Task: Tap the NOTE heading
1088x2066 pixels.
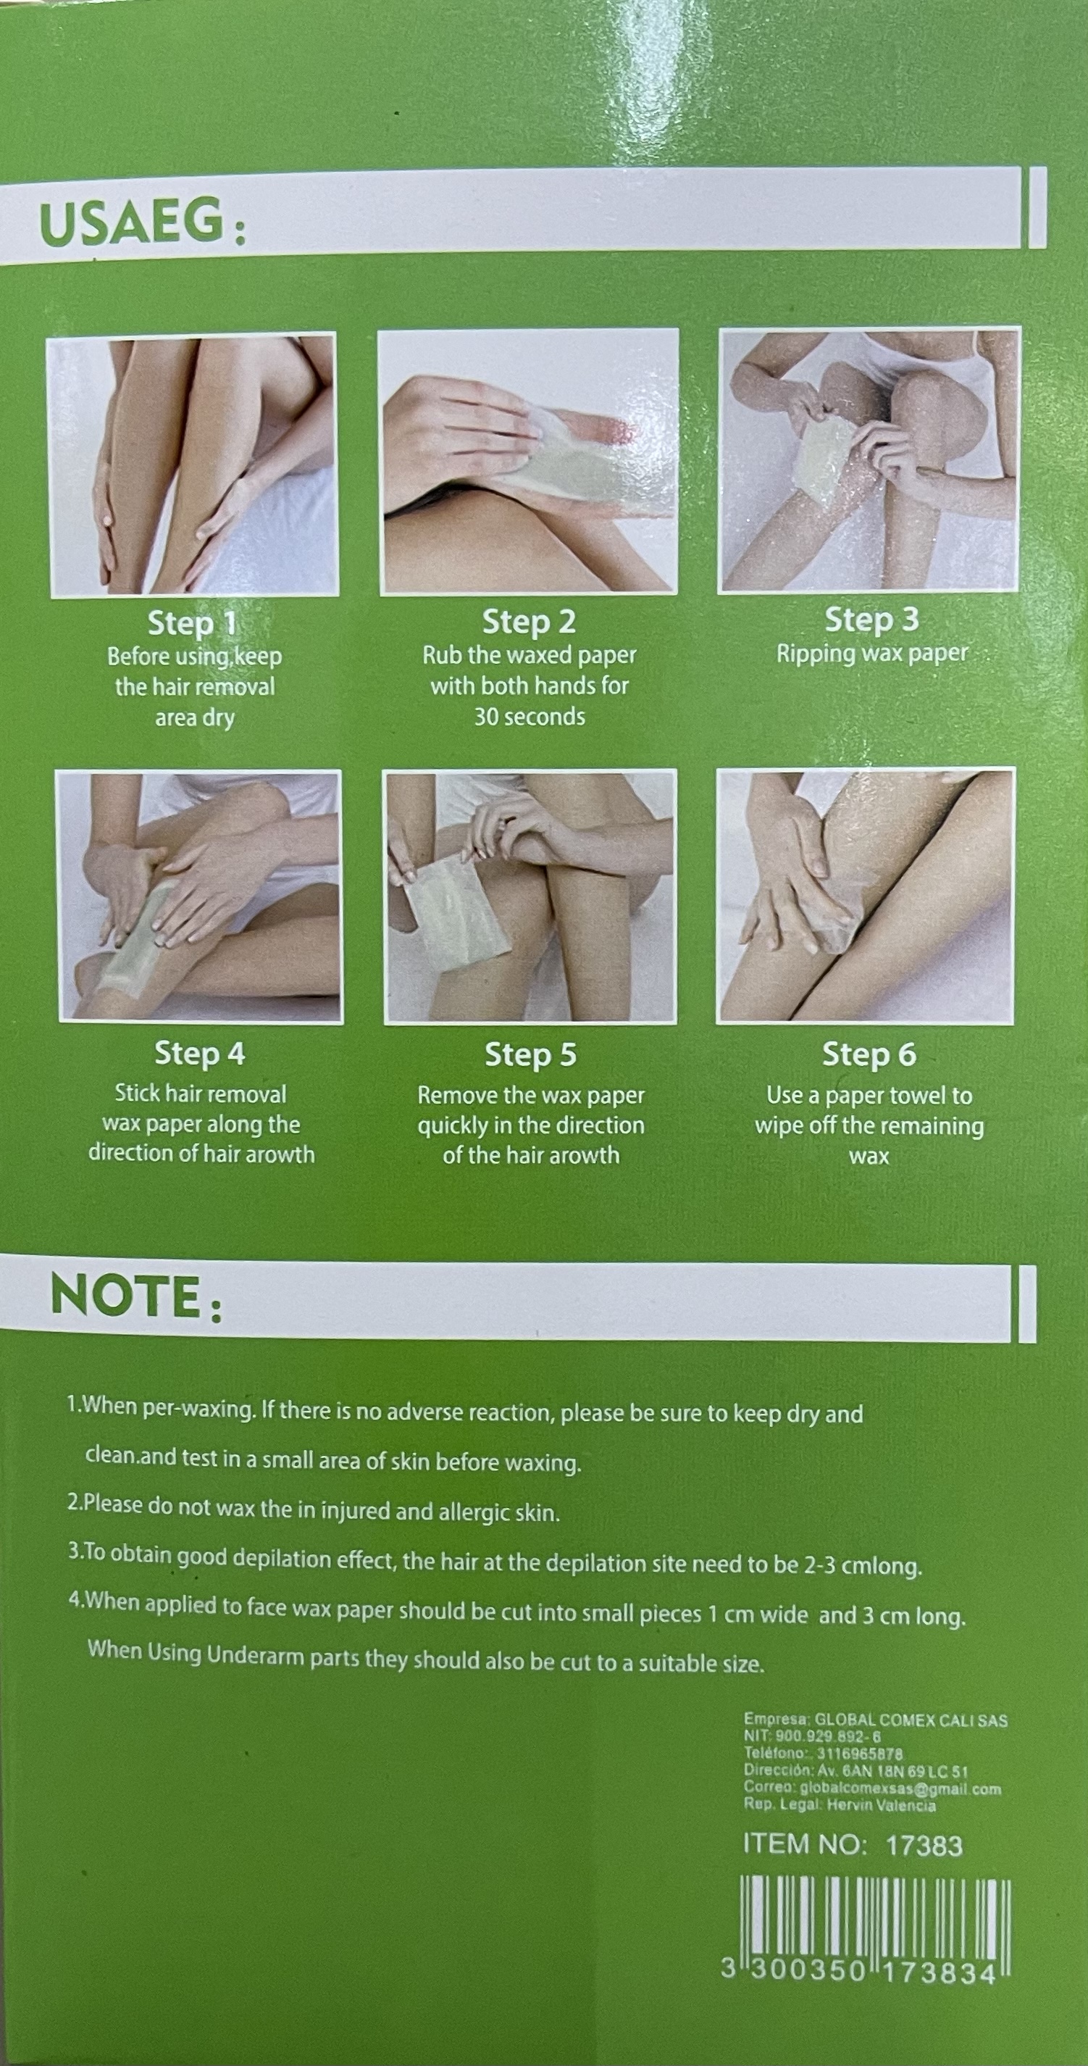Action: click(x=136, y=1297)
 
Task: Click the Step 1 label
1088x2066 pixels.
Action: click(x=192, y=623)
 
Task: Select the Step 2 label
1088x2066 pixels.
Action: click(x=530, y=622)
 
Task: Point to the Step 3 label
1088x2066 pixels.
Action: click(x=871, y=619)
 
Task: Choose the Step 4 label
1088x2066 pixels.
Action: click(x=200, y=1054)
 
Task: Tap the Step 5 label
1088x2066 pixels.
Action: click(x=531, y=1055)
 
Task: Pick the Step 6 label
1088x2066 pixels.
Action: click(x=869, y=1054)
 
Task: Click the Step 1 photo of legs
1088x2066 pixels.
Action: click(x=193, y=465)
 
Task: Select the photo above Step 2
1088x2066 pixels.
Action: click(x=528, y=462)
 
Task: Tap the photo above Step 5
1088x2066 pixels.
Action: click(x=530, y=896)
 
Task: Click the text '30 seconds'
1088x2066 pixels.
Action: click(x=530, y=716)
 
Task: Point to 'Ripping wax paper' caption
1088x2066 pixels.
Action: click(x=872, y=654)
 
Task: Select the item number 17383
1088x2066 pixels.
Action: click(x=924, y=1846)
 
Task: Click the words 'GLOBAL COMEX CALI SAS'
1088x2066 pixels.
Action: click(x=911, y=1720)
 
